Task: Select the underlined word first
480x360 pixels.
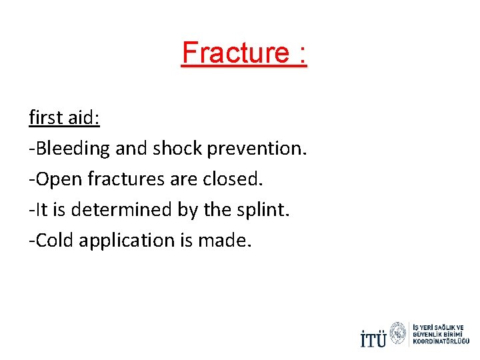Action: point(46,117)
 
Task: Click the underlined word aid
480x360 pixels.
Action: point(84,117)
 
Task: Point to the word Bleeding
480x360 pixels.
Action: point(73,149)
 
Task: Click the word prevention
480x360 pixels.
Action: point(257,149)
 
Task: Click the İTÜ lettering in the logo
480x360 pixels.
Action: point(373,338)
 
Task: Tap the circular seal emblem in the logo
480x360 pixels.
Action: point(397,333)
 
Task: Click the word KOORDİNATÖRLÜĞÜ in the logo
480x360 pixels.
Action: point(441,341)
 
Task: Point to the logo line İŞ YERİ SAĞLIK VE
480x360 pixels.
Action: point(438,327)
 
